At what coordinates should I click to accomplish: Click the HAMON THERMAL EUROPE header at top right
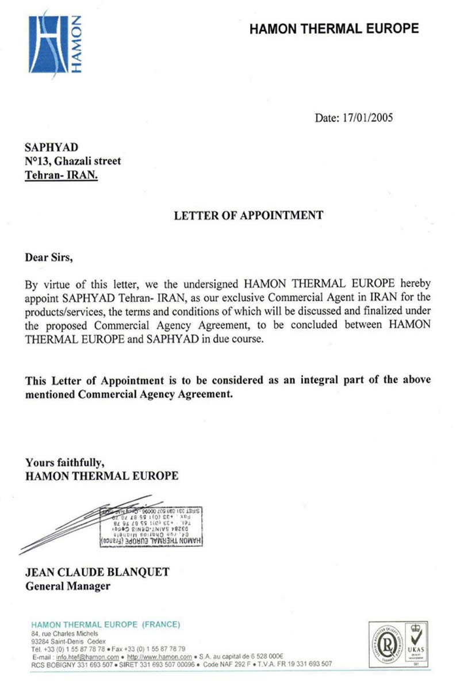334,28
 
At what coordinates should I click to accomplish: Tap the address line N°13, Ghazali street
72,162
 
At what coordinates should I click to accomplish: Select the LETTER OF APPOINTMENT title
248,216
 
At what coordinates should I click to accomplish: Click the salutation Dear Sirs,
49,256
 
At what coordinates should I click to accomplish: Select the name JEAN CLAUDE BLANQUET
97,573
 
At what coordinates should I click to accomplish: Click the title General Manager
68,586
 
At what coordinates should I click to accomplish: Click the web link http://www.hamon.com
159,657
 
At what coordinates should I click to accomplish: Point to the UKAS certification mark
417,643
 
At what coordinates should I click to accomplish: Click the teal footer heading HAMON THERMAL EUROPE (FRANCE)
106,625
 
